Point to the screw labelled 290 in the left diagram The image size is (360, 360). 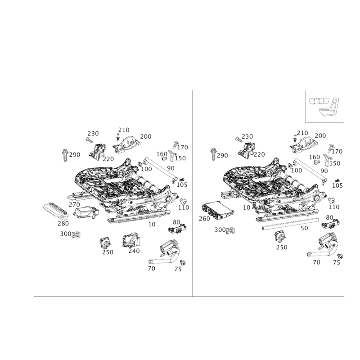point(64,155)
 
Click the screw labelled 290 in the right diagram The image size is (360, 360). point(214,155)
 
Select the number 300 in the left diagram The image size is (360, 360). point(66,234)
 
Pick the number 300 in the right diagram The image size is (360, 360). point(220,230)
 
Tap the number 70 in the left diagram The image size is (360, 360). point(151,268)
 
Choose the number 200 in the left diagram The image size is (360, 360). point(145,136)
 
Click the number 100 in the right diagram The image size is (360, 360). point(297,170)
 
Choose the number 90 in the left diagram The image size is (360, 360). point(171,168)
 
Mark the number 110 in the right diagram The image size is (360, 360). point(334,207)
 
